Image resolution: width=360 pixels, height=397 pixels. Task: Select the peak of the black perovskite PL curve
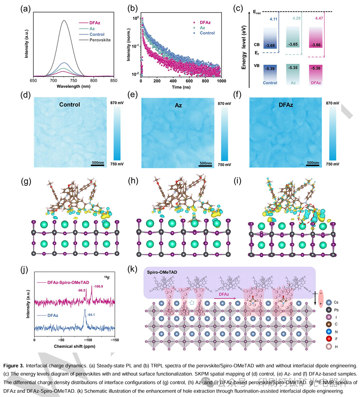pyautogui.click(x=64, y=21)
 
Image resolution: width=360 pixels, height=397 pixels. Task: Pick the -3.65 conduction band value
pyautogui.click(x=294, y=45)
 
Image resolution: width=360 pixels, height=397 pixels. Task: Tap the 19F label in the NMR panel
pyautogui.click(x=107, y=278)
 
